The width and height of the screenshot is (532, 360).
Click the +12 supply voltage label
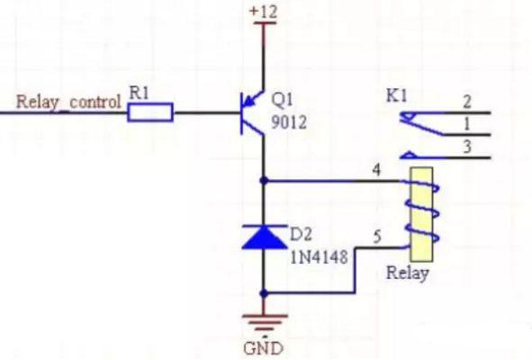tap(263, 12)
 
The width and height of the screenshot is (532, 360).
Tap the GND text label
tap(263, 348)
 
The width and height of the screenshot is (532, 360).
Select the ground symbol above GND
tap(265, 322)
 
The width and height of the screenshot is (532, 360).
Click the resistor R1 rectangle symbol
tap(150, 112)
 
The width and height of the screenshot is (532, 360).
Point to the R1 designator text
tap(140, 93)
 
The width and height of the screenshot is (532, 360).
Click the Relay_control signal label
tap(68, 102)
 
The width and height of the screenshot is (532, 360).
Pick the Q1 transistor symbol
tap(252, 113)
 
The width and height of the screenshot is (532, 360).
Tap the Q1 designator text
tap(282, 100)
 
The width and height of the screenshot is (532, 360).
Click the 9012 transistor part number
tap(289, 122)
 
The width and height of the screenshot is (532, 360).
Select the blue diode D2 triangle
tap(265, 237)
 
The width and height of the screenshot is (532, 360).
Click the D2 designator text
tap(301, 234)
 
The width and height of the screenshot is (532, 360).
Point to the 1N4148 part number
tap(319, 256)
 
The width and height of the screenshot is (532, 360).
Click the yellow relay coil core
tap(421, 214)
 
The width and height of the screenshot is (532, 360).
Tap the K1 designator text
tap(397, 96)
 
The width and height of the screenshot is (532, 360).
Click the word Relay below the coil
tap(408, 273)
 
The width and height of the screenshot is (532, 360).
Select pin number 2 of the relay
tap(467, 102)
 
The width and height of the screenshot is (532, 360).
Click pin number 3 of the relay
tap(467, 147)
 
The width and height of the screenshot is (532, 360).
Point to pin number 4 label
tap(376, 170)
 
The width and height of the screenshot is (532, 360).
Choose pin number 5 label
tap(377, 237)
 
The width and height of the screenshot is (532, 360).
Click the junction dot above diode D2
tap(264, 181)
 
